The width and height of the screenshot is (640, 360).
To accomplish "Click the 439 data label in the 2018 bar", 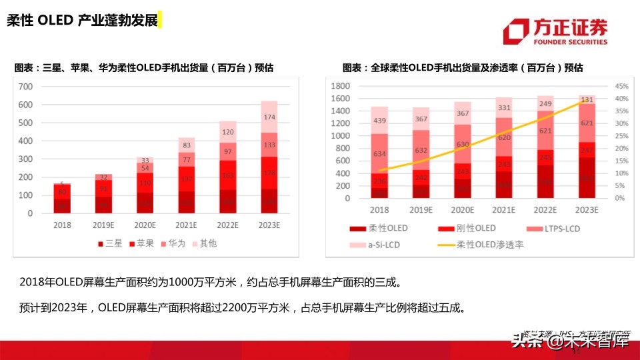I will click(380, 121).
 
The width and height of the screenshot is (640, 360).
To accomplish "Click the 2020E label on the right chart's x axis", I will click(463, 209).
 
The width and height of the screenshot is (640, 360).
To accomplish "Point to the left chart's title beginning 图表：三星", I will click(144, 68).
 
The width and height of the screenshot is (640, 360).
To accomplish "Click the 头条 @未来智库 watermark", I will click(570, 342).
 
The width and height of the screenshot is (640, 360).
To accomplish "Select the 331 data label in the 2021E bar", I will click(504, 108).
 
